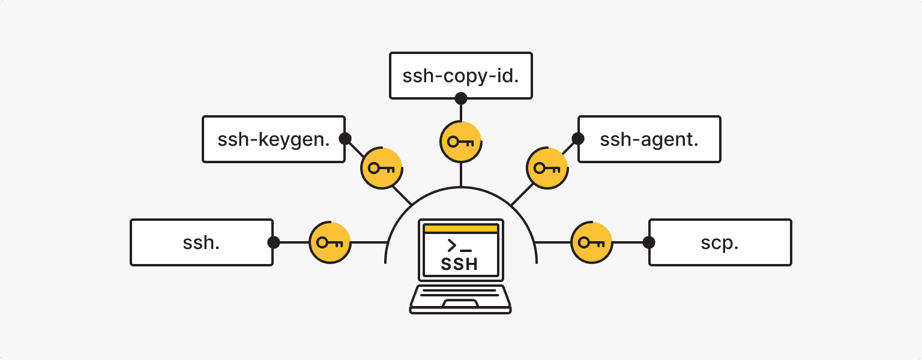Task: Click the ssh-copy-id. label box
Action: point(460,76)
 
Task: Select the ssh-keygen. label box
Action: point(274,139)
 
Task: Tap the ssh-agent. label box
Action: point(649,139)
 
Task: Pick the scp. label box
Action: point(720,242)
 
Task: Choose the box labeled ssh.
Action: point(202,242)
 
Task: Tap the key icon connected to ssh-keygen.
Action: point(381,168)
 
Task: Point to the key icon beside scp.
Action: point(591,242)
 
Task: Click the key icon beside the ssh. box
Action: point(330,242)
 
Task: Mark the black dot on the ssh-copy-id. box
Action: point(460,98)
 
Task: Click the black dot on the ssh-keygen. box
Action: point(345,139)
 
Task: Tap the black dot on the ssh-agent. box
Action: point(577,139)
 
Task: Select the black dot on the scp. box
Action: point(648,242)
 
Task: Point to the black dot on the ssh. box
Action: point(274,242)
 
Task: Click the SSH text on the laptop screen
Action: point(460,264)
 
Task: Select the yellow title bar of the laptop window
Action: point(460,229)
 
